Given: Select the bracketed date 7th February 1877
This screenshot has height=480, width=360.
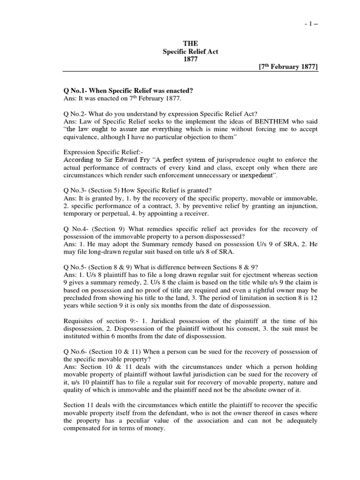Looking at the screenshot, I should pyautogui.click(x=288, y=67).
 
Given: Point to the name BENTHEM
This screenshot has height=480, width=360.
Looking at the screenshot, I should pyautogui.click(x=270, y=121).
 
